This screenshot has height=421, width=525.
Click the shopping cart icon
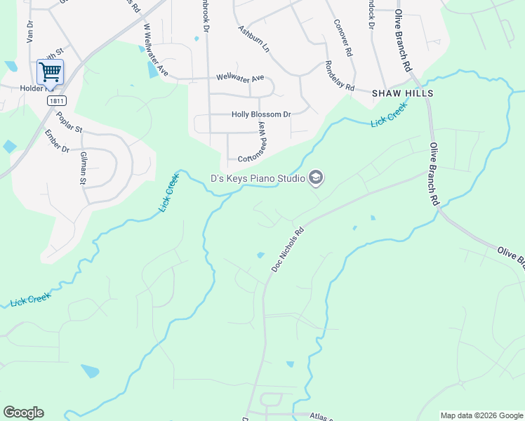coord(50,71)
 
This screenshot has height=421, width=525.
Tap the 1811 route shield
coord(57,101)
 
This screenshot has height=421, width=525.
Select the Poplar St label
coord(69,123)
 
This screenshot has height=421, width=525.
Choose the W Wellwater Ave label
coord(157,51)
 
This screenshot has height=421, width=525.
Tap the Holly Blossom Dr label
coord(260,114)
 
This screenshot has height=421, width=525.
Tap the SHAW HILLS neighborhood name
coord(402,93)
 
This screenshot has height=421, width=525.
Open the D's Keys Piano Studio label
coord(258,178)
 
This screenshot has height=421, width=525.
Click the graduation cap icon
coord(316,178)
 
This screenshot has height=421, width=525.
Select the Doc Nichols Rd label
coord(288,250)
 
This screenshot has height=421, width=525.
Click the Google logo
coord(23,413)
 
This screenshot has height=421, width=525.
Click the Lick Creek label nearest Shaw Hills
coord(389,120)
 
